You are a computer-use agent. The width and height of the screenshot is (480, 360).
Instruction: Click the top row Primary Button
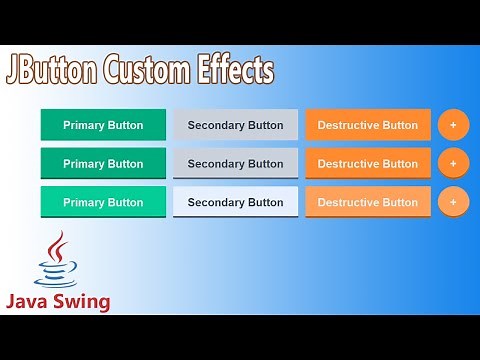pyautogui.click(x=103, y=125)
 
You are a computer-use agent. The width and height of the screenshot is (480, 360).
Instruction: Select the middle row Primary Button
pyautogui.click(x=103, y=163)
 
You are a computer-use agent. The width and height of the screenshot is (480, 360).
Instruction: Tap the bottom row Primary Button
pyautogui.click(x=103, y=202)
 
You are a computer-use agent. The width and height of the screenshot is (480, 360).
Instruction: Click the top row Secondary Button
pyautogui.click(x=235, y=125)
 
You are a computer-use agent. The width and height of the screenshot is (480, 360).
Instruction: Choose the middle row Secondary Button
pyautogui.click(x=235, y=163)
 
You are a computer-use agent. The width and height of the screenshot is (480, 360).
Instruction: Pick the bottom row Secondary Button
pyautogui.click(x=235, y=202)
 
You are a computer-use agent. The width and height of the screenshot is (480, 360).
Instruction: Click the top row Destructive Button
pyautogui.click(x=368, y=125)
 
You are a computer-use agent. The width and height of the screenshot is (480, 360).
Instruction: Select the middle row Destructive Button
pyautogui.click(x=368, y=163)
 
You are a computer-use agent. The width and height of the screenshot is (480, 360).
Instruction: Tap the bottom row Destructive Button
pyautogui.click(x=368, y=202)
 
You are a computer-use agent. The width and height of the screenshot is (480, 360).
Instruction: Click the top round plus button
pyautogui.click(x=453, y=125)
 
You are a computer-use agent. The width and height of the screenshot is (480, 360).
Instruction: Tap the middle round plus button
pyautogui.click(x=453, y=163)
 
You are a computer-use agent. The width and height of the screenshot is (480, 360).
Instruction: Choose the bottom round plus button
pyautogui.click(x=453, y=202)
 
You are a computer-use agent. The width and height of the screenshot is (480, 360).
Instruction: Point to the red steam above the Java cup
pyautogui.click(x=57, y=245)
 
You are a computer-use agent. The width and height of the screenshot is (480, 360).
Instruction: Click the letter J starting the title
pyautogui.click(x=15, y=71)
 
